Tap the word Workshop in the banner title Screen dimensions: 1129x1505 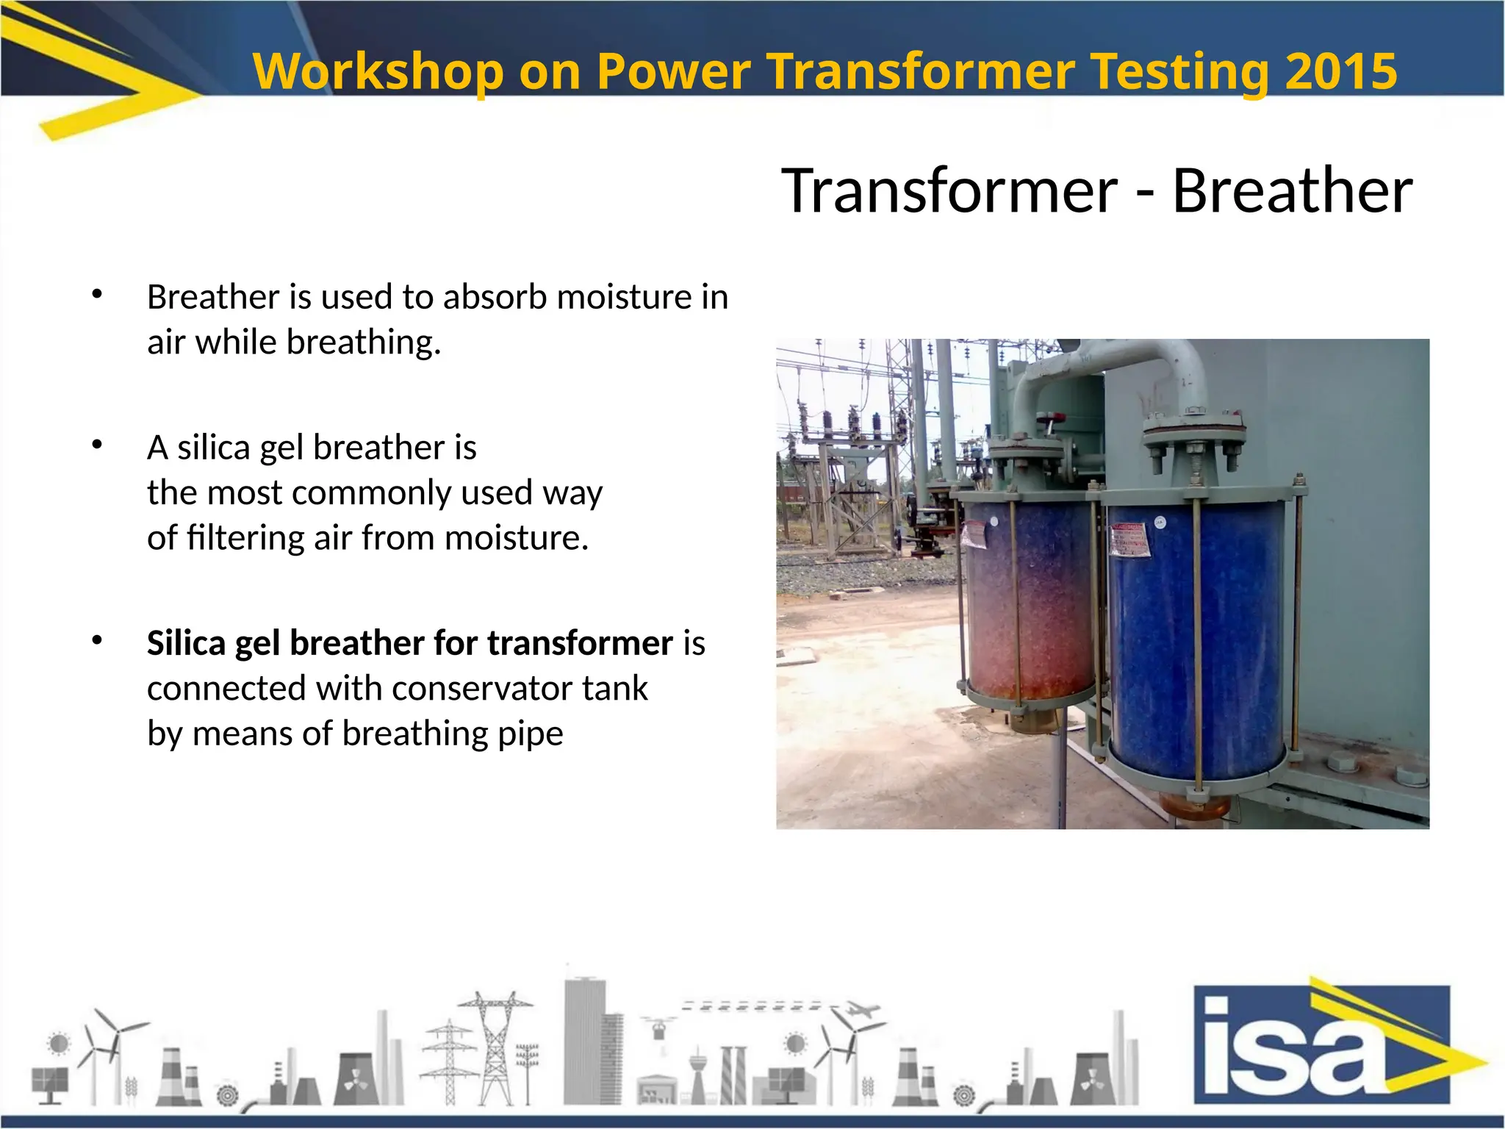coord(378,71)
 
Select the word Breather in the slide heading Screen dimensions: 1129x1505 coord(1292,190)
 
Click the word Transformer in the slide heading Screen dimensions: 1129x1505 coord(949,190)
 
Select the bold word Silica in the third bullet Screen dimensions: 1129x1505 coord(186,642)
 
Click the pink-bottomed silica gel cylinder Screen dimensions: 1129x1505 coord(1029,610)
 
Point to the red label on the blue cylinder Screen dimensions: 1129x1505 coord(1128,541)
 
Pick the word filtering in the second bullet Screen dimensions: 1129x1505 coord(247,538)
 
